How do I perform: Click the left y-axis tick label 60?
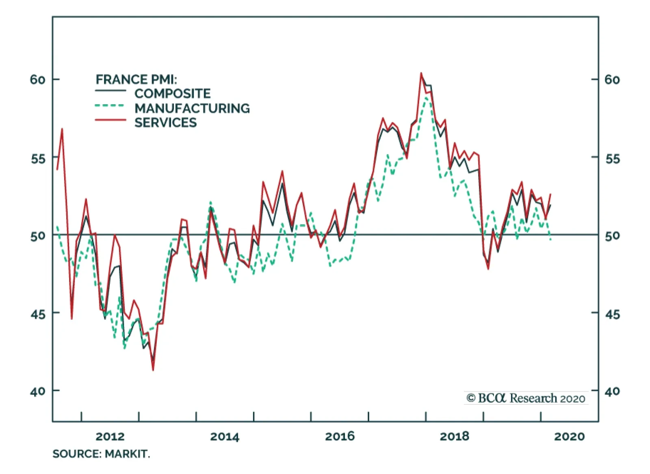pyautogui.click(x=37, y=79)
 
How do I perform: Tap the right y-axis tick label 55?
pyautogui.click(x=612, y=158)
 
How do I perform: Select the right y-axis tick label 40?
pyautogui.click(x=612, y=391)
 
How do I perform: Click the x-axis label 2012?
pyautogui.click(x=110, y=437)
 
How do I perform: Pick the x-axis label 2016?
pyautogui.click(x=340, y=437)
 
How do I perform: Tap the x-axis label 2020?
pyautogui.click(x=570, y=437)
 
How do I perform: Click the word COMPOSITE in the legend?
pyautogui.click(x=172, y=94)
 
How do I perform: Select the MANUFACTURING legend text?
pyautogui.click(x=192, y=108)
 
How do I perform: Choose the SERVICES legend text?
pyautogui.click(x=165, y=122)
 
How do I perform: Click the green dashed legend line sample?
pyautogui.click(x=110, y=106)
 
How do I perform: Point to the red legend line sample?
pyautogui.click(x=110, y=120)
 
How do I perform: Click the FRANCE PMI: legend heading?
pyautogui.click(x=136, y=79)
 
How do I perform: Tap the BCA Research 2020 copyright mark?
pyautogui.click(x=526, y=398)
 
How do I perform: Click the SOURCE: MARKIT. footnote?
pyautogui.click(x=101, y=454)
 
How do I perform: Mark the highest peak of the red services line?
pyautogui.click(x=421, y=73)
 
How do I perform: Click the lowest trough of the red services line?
pyautogui.click(x=153, y=370)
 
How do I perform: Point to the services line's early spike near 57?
pyautogui.click(x=62, y=129)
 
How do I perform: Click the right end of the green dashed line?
pyautogui.click(x=551, y=240)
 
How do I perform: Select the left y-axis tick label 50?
pyautogui.click(x=37, y=236)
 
